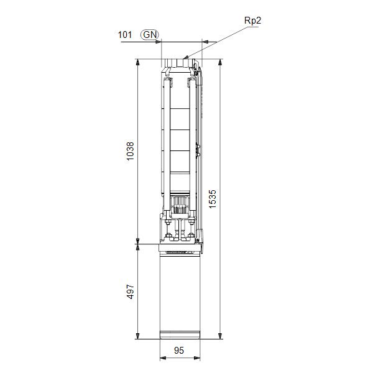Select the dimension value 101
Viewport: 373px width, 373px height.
tap(125, 35)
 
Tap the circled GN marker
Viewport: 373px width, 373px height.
tap(149, 35)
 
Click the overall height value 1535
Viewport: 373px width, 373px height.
tap(213, 199)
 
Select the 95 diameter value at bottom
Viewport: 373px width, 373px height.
tap(179, 351)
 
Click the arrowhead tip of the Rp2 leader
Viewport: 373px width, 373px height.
tap(183, 59)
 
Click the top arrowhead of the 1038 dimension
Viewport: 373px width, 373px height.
tap(137, 61)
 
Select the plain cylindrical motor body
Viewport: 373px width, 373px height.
tap(180, 292)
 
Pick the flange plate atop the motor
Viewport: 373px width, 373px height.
tap(180, 249)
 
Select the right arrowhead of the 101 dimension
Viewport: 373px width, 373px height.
tap(200, 42)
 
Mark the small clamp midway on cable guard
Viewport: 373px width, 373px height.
tap(198, 149)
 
